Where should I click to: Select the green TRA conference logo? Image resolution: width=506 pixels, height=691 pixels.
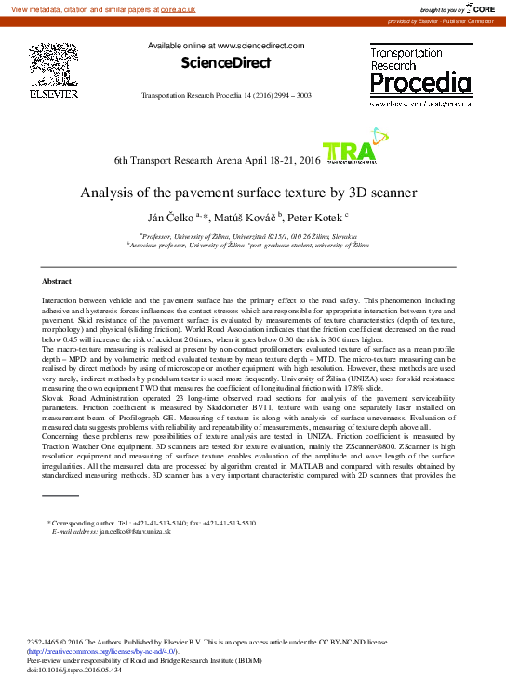(x=348, y=153)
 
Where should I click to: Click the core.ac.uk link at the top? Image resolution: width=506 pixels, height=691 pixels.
(x=178, y=7)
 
